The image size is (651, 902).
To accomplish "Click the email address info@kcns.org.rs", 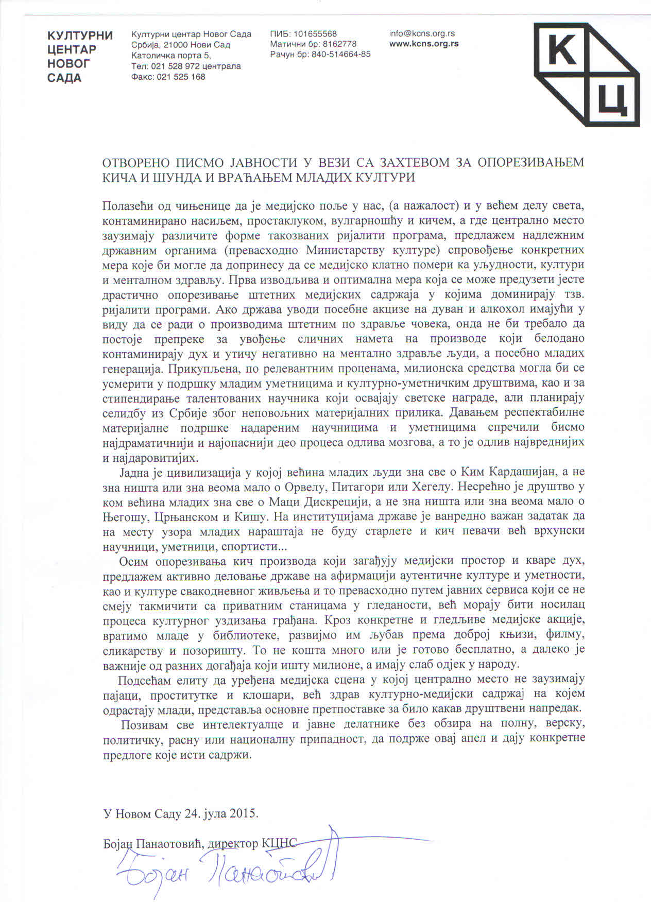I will click(x=422, y=33).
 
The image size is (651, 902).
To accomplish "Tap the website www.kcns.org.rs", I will click(x=424, y=44).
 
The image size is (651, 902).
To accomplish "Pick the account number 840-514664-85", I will click(x=340, y=55).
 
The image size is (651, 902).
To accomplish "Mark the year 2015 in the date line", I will click(x=243, y=814).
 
